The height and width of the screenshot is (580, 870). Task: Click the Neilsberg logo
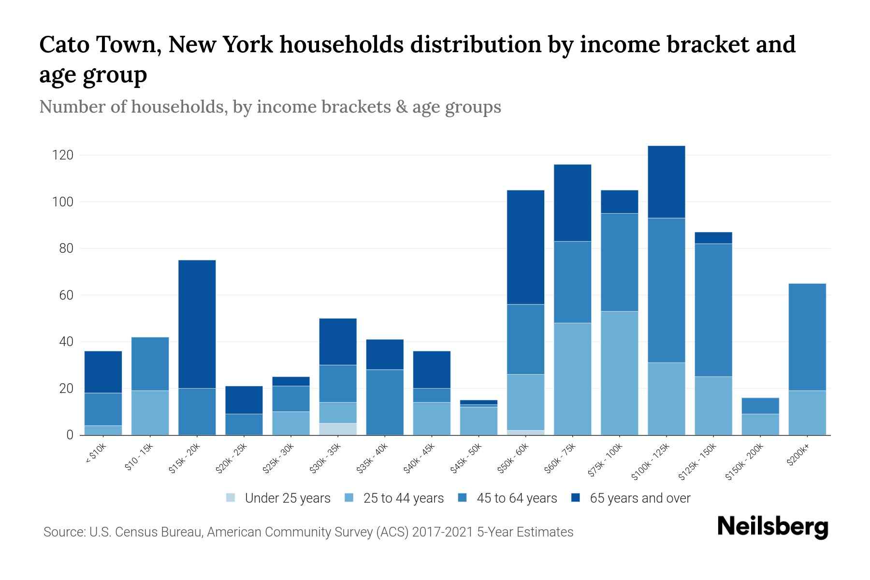tap(772, 526)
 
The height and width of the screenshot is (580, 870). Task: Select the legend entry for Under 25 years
tap(278, 498)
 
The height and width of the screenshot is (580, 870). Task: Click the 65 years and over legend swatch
tap(576, 498)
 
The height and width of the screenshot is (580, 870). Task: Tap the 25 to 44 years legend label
tap(403, 498)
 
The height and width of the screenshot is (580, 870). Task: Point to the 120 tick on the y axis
tap(63, 155)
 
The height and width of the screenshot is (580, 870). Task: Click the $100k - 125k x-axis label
tap(651, 461)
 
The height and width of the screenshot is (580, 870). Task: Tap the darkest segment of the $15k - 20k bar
tap(197, 324)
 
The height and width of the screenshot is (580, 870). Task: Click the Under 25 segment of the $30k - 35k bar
tap(338, 429)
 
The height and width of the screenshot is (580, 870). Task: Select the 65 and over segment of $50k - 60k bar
tap(525, 247)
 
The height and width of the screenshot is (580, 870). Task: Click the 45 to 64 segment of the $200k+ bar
tap(807, 337)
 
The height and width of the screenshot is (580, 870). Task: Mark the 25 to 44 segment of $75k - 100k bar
tap(619, 373)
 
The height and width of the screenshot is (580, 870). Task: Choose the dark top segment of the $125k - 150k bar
tap(713, 238)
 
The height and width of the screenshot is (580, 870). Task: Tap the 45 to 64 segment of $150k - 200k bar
tap(760, 406)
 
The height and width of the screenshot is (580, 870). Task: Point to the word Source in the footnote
tap(63, 532)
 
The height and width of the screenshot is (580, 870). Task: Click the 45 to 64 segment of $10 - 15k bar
tap(150, 363)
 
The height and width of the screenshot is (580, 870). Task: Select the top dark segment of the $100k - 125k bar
tap(666, 182)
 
